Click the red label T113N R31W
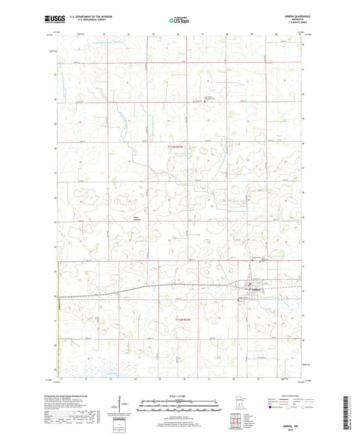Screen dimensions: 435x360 (x=176, y=143)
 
